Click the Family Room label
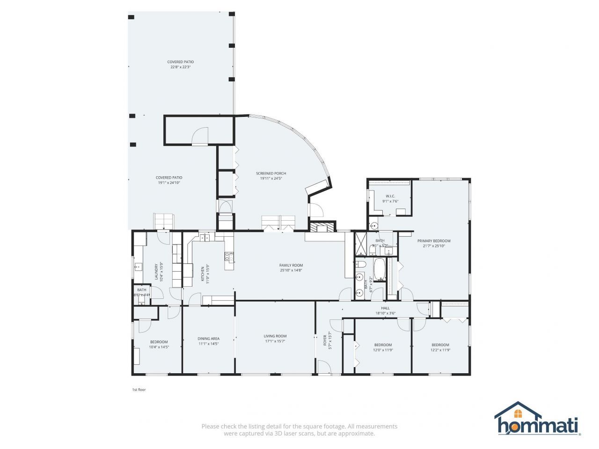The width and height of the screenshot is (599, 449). point(291,265)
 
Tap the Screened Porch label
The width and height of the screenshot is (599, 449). point(271,173)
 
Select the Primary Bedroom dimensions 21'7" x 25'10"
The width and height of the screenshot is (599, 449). point(434,246)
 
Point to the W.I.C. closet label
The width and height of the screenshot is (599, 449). point(390,196)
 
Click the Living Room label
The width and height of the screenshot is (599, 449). point(275,336)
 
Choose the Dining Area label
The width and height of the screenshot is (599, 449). point(208,339)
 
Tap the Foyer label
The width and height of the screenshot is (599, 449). point(325,340)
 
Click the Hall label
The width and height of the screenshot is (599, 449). point(385,308)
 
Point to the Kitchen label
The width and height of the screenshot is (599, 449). point(203,274)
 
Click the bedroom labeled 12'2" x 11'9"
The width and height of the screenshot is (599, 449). point(440,345)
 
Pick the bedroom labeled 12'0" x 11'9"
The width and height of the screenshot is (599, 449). point(383,345)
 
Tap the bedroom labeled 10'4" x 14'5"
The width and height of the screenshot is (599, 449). point(159,342)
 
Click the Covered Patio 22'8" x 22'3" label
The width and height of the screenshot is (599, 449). point(180,62)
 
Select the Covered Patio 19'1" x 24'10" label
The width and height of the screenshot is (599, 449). point(168,178)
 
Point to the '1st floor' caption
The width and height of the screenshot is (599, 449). point(139,390)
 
